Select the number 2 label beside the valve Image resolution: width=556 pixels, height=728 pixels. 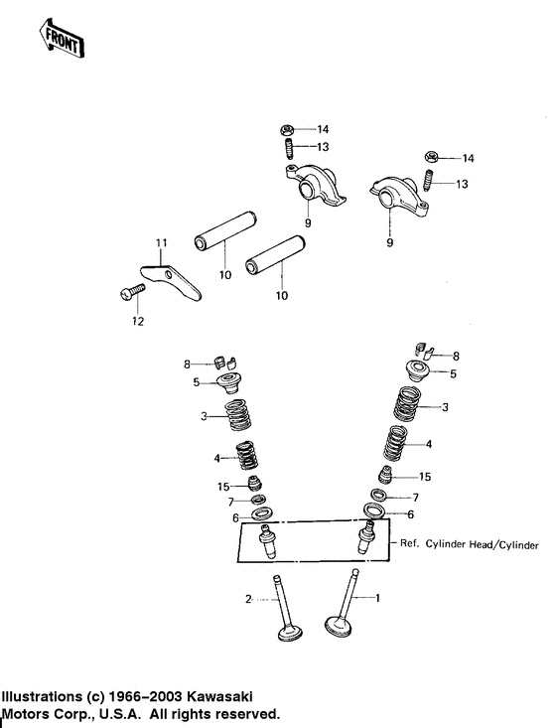[248, 598]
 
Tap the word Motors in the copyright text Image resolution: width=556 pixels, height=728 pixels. [28, 713]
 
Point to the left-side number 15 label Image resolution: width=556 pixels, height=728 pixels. [224, 486]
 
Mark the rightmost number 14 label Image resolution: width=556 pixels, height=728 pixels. [469, 159]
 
